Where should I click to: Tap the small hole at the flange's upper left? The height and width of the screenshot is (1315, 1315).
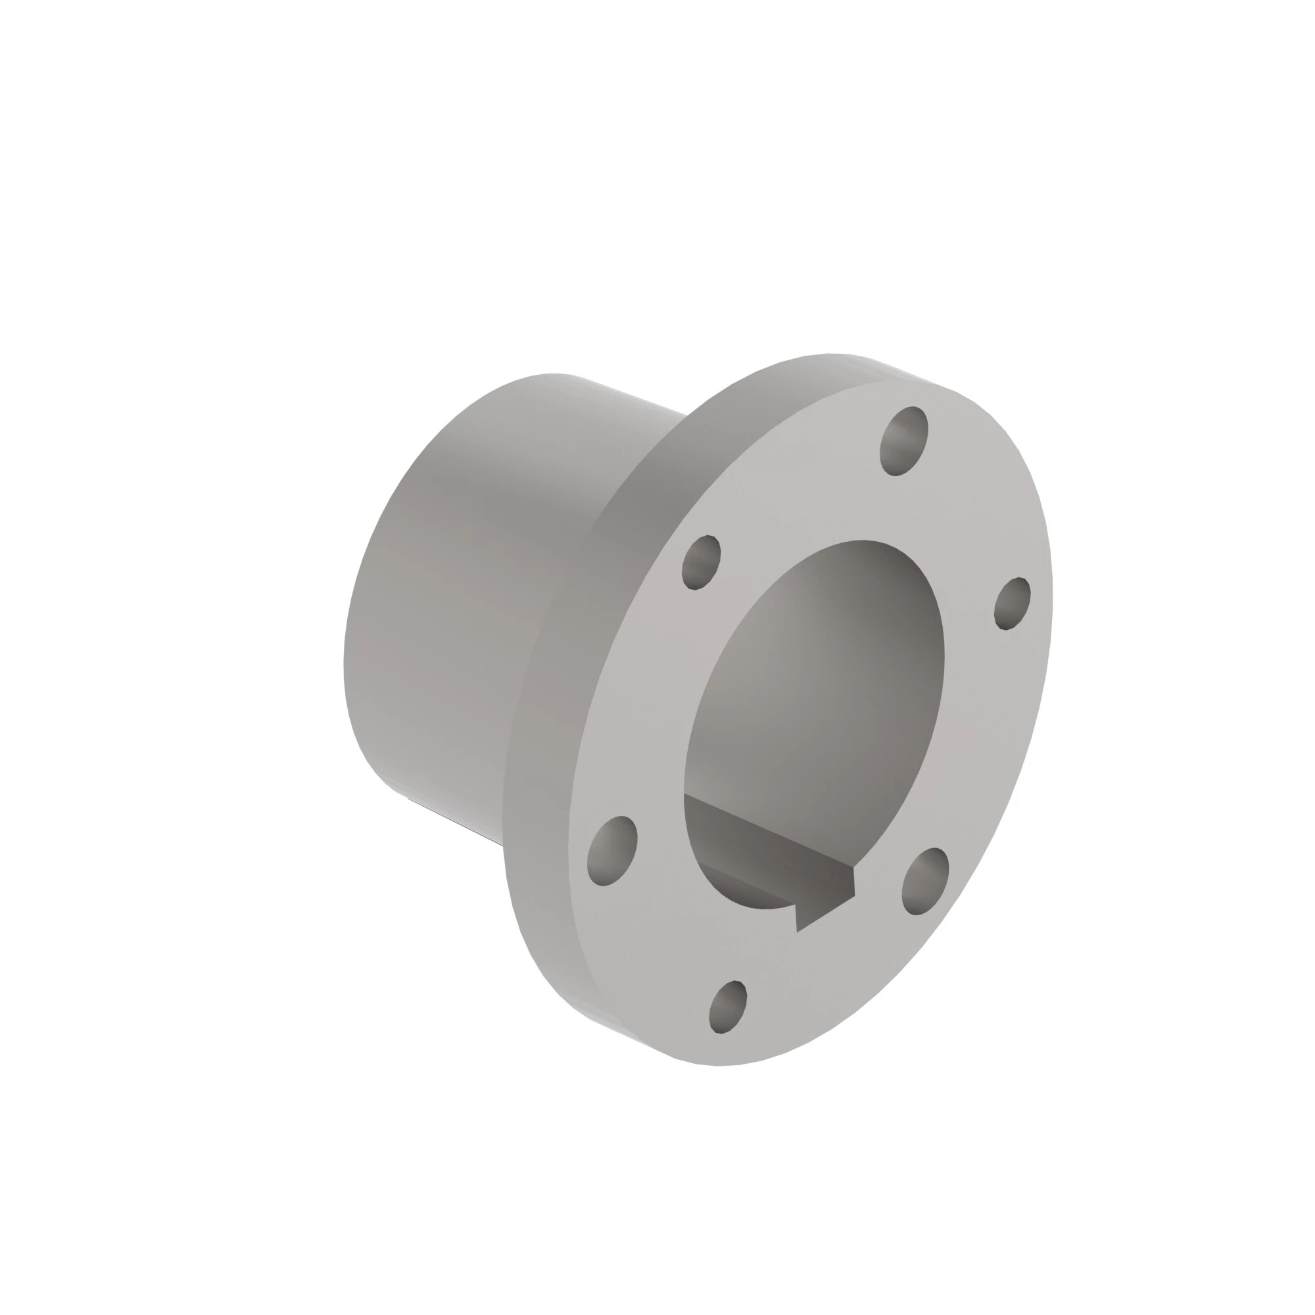(701, 562)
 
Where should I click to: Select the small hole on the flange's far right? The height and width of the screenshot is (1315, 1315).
(1012, 603)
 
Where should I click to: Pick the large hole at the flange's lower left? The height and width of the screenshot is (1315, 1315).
(611, 850)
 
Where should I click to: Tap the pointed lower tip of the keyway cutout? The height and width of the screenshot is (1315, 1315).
(798, 930)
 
